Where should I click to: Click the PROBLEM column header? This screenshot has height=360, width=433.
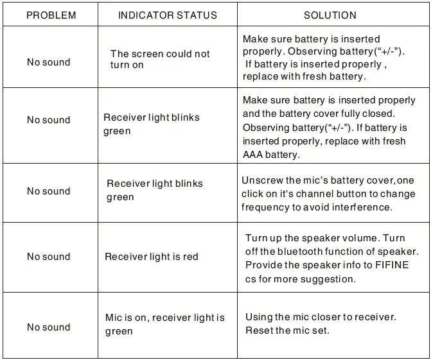coord(51,15)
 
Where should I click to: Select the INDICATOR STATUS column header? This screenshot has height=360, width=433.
coord(167,15)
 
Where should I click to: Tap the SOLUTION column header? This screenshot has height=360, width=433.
coord(330,15)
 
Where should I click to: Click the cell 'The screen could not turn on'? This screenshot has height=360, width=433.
coord(159,60)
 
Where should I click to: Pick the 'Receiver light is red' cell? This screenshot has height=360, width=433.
coord(151,257)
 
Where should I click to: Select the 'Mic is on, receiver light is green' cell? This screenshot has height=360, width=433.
coord(164,324)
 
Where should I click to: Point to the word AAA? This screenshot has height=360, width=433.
coord(253,155)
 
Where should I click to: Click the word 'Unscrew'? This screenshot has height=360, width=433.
coord(261,180)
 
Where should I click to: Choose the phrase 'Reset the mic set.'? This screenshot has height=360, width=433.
coord(287,330)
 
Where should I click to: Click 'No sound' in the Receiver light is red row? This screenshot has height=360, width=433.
coord(49,257)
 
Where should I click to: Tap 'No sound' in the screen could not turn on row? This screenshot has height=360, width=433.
coord(49,62)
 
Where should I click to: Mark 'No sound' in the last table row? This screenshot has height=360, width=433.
coord(49,327)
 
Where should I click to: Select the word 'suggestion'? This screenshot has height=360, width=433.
coord(328,279)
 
